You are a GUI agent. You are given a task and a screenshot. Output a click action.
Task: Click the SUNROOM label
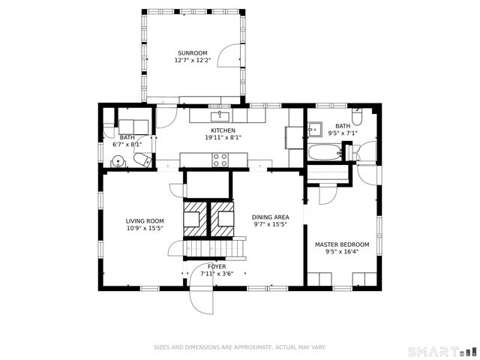pyautogui.click(x=193, y=53)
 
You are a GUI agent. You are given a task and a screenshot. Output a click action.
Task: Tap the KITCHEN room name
pyautogui.click(x=223, y=130)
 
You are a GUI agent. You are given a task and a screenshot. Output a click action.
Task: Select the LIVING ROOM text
pyautogui.click(x=145, y=220)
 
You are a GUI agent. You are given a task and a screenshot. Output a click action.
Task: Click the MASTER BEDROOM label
pyautogui.click(x=342, y=244)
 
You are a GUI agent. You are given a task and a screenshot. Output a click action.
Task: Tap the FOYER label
pyautogui.click(x=217, y=266)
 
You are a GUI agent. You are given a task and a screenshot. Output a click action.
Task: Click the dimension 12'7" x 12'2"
pyautogui.click(x=193, y=60)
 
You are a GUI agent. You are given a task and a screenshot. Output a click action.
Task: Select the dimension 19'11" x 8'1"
pyautogui.click(x=223, y=137)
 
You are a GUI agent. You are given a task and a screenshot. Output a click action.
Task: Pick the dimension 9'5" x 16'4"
pyautogui.click(x=342, y=252)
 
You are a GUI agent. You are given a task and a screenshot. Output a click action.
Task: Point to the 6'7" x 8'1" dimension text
pyautogui.click(x=127, y=144)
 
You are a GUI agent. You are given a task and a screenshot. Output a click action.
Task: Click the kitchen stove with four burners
pyautogui.click(x=220, y=159)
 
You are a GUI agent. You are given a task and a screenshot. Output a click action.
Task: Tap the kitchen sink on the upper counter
pyautogui.click(x=220, y=115)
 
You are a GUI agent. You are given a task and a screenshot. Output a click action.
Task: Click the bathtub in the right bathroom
pyautogui.click(x=324, y=153)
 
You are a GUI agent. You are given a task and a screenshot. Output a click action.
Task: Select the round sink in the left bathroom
pyautogui.click(x=118, y=160)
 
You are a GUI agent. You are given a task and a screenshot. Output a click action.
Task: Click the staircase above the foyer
pyautogui.click(x=215, y=246)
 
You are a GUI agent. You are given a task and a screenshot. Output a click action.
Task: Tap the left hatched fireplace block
pyautogui.click(x=194, y=216)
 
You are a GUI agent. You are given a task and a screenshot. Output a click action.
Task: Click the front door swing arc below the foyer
pyautogui.click(x=202, y=299)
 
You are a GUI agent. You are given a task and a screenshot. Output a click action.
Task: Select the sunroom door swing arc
pyautogui.click(x=231, y=58)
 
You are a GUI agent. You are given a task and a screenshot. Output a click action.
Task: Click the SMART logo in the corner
pyautogui.click(x=442, y=351)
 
